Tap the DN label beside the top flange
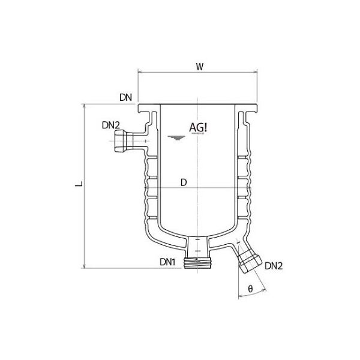click(125, 97)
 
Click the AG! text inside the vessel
click(199, 128)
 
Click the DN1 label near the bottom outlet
click(168, 262)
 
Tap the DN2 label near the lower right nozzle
click(273, 265)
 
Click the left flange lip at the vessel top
click(144, 109)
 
